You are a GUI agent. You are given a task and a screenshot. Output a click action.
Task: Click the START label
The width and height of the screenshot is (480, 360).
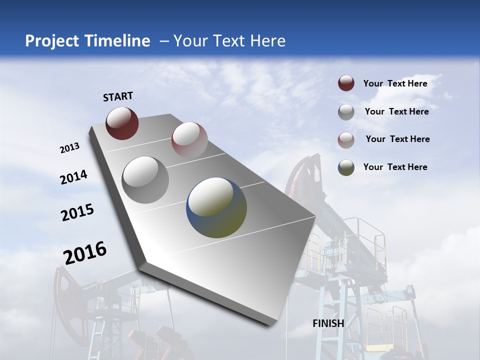[x=118, y=96]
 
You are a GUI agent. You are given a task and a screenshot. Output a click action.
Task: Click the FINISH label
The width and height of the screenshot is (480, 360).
[x=328, y=323]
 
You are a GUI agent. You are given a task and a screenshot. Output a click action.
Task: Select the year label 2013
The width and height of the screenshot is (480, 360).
[x=69, y=148]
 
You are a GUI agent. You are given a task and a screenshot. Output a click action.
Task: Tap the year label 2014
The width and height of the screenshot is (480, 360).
[x=73, y=177]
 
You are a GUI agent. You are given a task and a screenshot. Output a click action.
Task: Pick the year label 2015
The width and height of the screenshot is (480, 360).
[x=77, y=212]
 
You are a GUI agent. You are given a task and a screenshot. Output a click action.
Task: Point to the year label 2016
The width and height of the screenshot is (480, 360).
[x=85, y=253]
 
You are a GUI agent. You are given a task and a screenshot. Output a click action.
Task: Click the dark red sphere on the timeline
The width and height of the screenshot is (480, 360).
[x=122, y=123]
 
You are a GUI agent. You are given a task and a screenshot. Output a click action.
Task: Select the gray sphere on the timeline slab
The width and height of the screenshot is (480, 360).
[x=145, y=179]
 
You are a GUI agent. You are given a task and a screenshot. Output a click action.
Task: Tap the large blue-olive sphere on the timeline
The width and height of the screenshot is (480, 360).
[x=216, y=207]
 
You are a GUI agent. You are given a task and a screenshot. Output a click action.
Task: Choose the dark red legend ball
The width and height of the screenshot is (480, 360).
[x=346, y=83]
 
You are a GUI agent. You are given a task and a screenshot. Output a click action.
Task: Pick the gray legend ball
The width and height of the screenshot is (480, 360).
[x=346, y=112]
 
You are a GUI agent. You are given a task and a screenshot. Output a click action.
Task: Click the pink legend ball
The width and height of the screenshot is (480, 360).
[x=346, y=139]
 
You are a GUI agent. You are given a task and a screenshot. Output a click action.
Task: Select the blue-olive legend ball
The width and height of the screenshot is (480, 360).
[x=346, y=167]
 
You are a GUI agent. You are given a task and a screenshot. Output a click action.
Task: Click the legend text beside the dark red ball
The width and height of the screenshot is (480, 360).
[x=395, y=83]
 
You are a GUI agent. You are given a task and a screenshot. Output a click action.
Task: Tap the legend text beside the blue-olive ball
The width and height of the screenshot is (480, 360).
[x=395, y=167]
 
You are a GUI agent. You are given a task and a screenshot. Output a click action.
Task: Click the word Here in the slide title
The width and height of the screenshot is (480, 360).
[x=267, y=41]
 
